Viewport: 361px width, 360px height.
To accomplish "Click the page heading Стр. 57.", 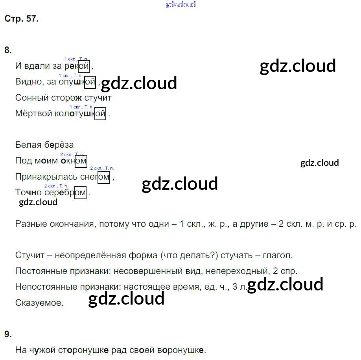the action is click(x=22, y=19).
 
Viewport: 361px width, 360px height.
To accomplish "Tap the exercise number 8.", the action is click(x=8, y=50).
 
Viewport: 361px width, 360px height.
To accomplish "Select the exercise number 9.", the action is click(x=8, y=334).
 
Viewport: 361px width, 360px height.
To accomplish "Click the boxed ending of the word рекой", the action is click(x=84, y=66).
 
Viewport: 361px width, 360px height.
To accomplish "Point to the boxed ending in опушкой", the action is click(x=90, y=82).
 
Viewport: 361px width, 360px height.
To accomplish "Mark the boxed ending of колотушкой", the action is click(x=100, y=114).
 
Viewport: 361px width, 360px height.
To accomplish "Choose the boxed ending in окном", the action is click(x=81, y=161).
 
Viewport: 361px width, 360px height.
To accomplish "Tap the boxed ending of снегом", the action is click(x=103, y=177).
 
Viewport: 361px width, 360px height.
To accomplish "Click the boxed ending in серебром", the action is click(x=80, y=193).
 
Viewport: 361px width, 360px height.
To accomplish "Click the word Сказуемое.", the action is click(x=39, y=303).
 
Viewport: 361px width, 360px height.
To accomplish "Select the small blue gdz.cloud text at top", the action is click(x=180, y=5).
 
